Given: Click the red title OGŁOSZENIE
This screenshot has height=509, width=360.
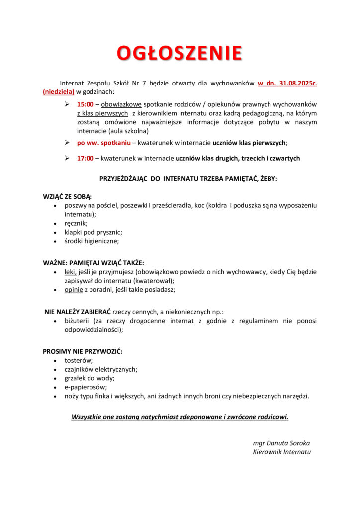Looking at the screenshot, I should tap(180, 53).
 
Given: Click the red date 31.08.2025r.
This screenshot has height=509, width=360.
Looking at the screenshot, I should tap(297, 83).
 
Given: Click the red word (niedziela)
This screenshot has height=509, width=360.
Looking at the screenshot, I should tap(59, 91).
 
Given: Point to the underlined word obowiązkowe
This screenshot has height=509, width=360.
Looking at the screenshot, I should tap(121, 105).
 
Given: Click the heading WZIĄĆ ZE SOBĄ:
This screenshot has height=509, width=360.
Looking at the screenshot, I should tap(67, 196).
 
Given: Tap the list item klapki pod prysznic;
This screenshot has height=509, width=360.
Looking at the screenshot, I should tap(93, 232).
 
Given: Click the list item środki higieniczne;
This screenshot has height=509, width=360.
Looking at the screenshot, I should tap(92, 241).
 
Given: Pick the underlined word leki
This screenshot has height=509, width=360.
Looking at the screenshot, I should tap(71, 272).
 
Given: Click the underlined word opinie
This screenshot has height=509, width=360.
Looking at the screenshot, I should tap(74, 290).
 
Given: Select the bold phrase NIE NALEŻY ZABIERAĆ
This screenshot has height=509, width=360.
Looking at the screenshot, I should tap(78, 312).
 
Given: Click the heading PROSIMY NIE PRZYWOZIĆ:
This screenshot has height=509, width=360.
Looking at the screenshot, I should tap(83, 351).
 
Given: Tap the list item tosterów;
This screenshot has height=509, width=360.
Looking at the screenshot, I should tap(79, 360).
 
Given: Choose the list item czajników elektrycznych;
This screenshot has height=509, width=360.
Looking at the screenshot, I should tap(101, 369).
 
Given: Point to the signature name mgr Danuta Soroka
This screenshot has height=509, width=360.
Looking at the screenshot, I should tap(281, 443).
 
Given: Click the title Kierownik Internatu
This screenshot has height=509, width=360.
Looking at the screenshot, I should tap(281, 452).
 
